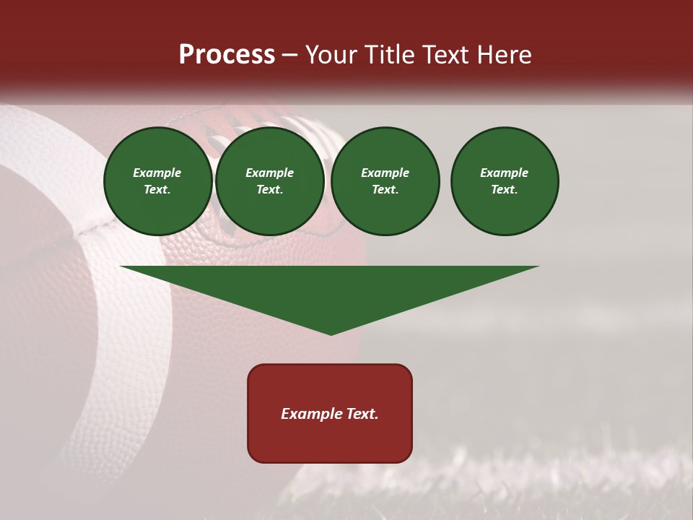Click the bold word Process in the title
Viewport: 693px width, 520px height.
coord(227,55)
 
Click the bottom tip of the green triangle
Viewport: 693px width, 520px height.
coord(331,333)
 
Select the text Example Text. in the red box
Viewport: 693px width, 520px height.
coord(330,414)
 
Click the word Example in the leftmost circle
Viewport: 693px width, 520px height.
coord(157,173)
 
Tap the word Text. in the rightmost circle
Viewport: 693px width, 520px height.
coord(505,189)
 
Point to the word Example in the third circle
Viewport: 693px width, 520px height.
coord(385,173)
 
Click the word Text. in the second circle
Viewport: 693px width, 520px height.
coord(269,189)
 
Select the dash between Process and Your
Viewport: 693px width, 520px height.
coord(290,55)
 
